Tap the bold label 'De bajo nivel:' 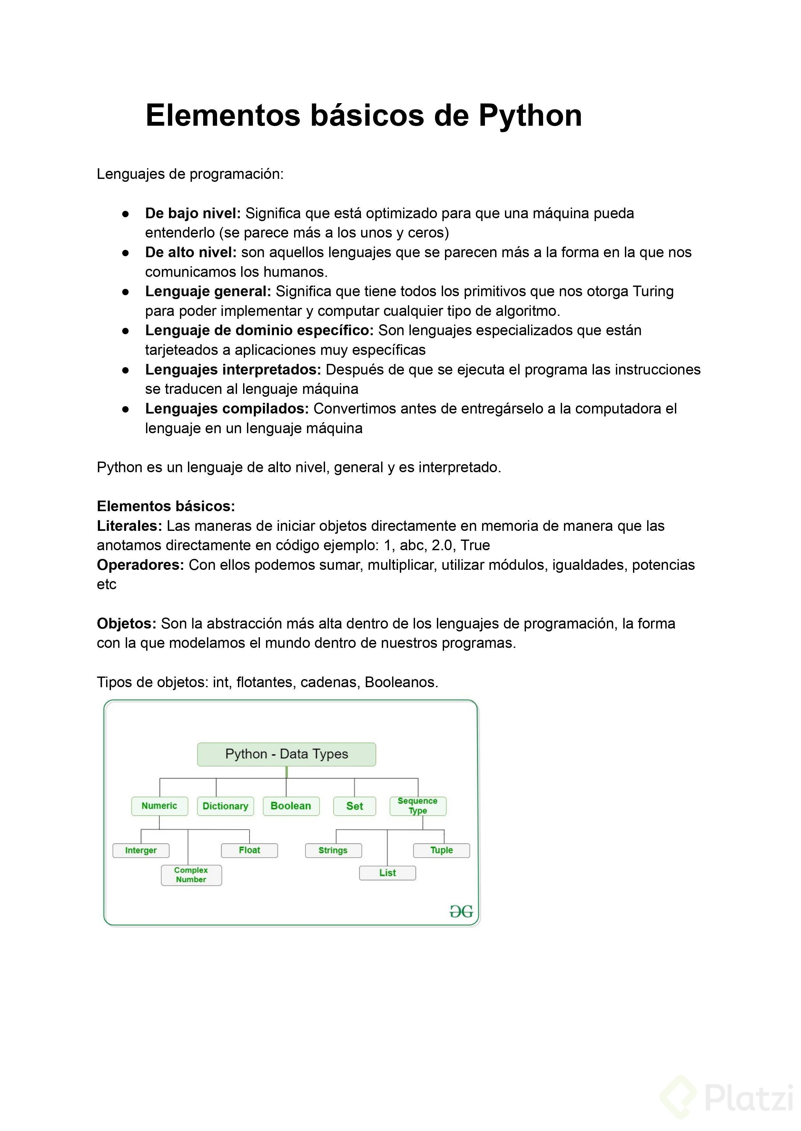(193, 213)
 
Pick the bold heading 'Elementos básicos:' (166, 506)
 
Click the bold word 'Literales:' (129, 526)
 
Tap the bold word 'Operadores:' (140, 565)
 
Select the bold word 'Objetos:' (126, 624)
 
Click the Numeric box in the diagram (159, 806)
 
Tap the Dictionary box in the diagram (225, 806)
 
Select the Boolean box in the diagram (291, 806)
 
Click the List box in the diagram (387, 873)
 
